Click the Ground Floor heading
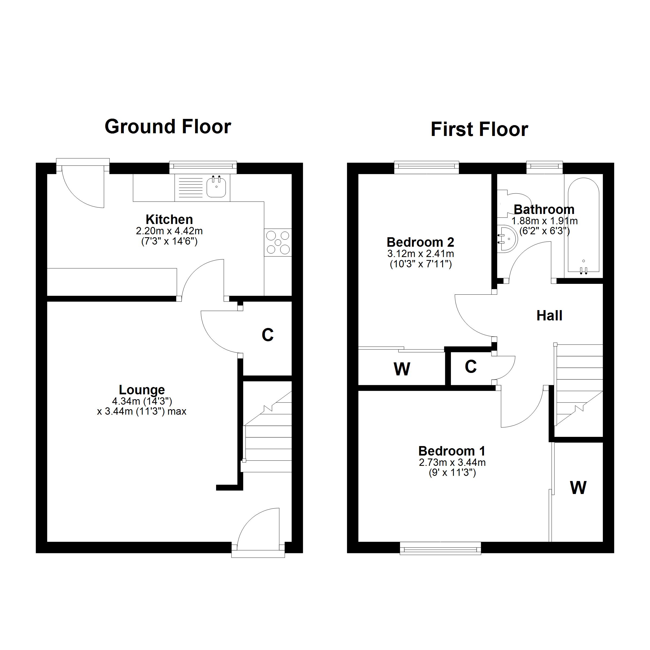(168, 127)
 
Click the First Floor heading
(479, 129)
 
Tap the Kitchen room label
(169, 219)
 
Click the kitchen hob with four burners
(278, 242)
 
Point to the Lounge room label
(142, 390)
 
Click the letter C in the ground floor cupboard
(268, 335)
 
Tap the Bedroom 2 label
(421, 242)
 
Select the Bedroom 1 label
(452, 451)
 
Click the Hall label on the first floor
(550, 316)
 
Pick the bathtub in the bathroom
(584, 225)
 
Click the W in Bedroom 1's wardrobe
(578, 487)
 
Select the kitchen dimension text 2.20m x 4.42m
(169, 231)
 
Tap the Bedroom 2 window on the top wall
(427, 167)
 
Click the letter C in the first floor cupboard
(471, 367)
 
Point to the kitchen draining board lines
(190, 187)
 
